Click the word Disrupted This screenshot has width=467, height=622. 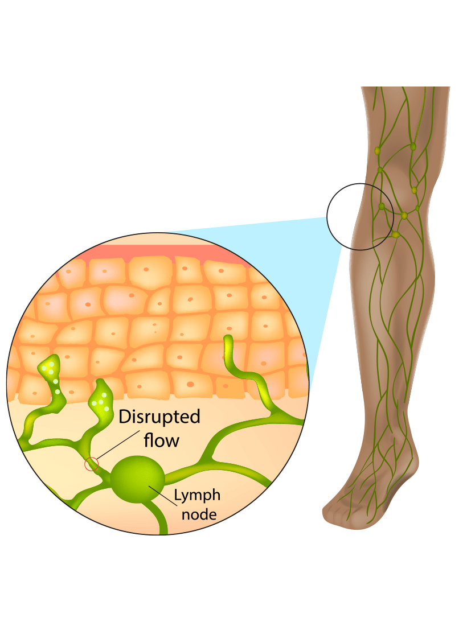[x=159, y=417]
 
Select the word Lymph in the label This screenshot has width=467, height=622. [x=196, y=495]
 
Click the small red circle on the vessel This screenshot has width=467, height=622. [x=91, y=465]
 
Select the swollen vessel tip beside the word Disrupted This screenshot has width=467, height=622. [x=101, y=398]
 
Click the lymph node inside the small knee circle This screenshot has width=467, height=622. [x=381, y=207]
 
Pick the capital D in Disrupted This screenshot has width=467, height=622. [x=123, y=417]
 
